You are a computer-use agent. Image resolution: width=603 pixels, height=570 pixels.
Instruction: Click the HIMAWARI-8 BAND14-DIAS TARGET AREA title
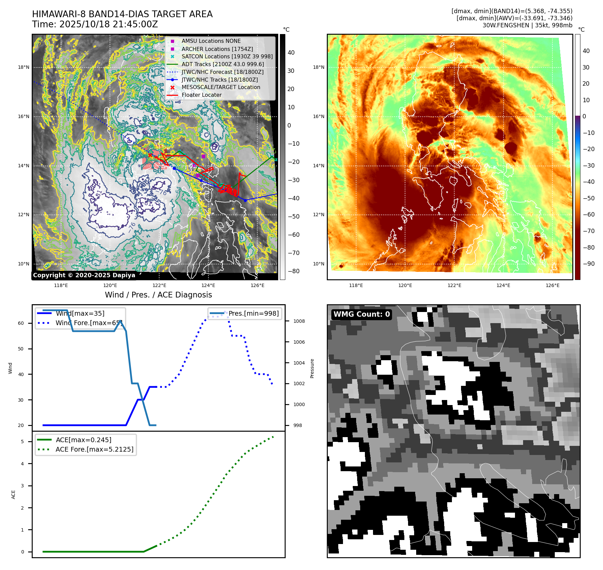point(122,14)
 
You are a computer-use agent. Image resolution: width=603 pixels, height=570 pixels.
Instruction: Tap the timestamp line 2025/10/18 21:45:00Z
point(95,24)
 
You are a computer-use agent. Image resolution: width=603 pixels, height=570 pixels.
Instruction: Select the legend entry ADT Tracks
point(223,64)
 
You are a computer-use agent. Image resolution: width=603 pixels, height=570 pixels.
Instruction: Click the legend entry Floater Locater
point(201,95)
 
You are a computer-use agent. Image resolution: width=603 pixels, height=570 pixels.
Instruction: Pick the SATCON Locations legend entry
point(227,56)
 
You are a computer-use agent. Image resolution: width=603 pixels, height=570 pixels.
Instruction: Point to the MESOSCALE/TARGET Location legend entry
point(221,87)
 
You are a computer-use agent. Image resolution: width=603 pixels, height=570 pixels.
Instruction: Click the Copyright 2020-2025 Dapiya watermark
point(84,275)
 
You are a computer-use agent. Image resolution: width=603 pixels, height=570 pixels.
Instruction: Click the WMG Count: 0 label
point(362,314)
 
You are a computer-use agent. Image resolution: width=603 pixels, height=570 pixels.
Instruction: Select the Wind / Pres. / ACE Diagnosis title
point(158,295)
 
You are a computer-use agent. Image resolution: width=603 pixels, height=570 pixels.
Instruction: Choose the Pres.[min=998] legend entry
point(253,314)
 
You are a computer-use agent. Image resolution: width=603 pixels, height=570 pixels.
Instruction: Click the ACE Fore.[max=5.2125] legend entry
point(94,450)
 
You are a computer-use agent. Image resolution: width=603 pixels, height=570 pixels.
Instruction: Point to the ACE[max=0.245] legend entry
point(83,440)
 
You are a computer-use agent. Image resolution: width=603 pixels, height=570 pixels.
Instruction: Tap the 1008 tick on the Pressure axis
point(299,321)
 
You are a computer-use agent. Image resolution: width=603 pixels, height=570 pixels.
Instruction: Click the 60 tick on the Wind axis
point(21,323)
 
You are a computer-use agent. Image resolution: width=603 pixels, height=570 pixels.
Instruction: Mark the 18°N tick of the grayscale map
point(24,67)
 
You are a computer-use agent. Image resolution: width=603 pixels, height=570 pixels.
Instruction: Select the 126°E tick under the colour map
point(552,286)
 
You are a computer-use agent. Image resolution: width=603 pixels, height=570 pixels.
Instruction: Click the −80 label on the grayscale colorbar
point(293,271)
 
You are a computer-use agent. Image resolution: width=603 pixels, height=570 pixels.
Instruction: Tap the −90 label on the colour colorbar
point(588,264)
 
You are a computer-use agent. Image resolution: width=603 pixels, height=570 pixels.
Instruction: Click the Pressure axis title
point(312,368)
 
